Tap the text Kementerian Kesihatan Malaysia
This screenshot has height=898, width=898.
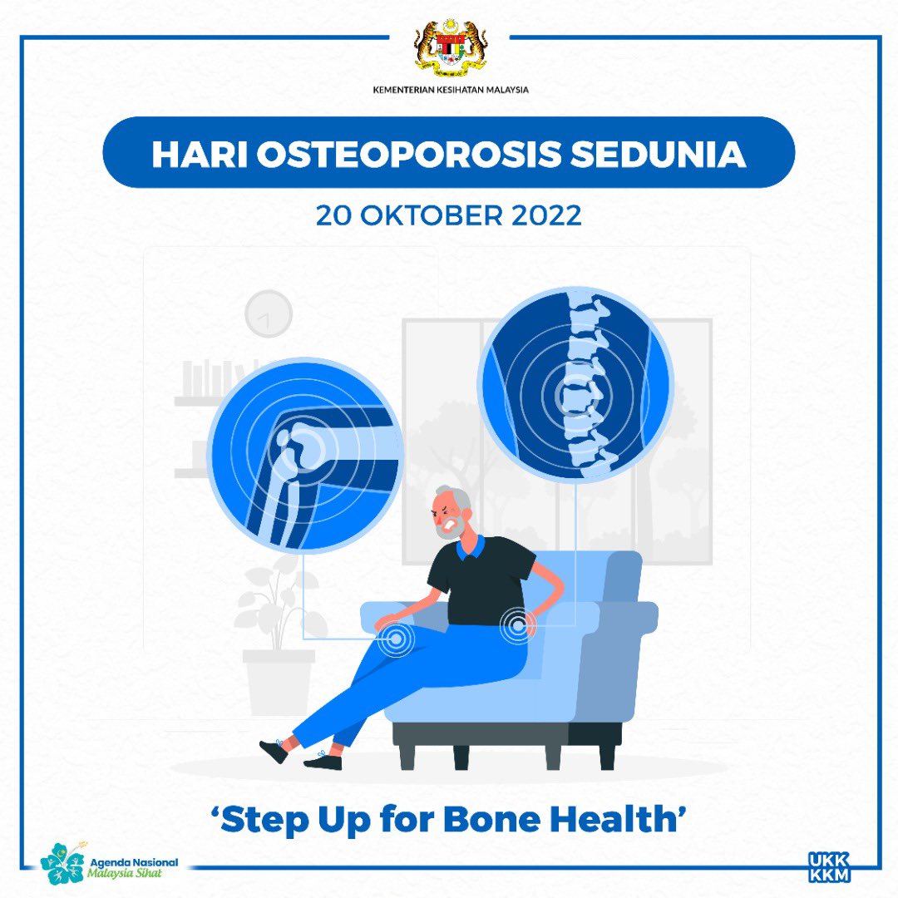[449, 90]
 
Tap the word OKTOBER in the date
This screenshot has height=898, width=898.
[430, 215]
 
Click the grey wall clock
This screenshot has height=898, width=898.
[269, 313]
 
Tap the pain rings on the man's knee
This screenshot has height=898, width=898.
[395, 639]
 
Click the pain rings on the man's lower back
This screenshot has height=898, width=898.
[517, 624]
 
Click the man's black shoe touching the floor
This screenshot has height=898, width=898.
[323, 762]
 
